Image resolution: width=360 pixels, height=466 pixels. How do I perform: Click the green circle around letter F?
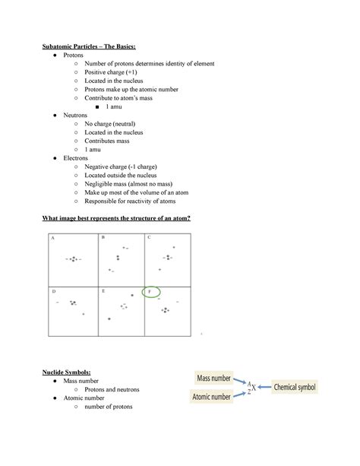[x=151, y=292]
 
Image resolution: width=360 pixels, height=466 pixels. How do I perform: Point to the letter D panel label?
[x=53, y=291]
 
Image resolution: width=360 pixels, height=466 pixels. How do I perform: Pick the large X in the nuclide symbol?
[x=254, y=388]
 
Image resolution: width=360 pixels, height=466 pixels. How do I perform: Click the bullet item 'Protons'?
[x=74, y=55]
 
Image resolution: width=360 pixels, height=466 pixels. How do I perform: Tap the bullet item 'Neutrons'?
[x=76, y=115]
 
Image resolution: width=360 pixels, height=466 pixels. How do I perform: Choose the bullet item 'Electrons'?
[x=76, y=158]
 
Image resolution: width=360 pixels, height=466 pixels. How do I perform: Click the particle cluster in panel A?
[x=72, y=260]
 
